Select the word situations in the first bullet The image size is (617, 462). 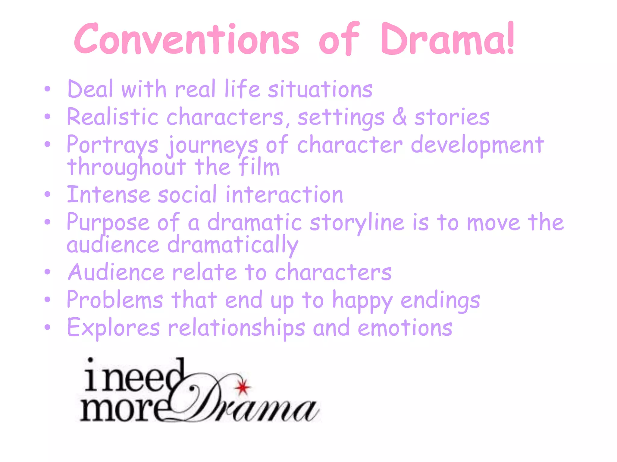coord(320,89)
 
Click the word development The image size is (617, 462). coord(478,145)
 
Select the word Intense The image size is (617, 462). coord(108,195)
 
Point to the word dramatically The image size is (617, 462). coord(233,245)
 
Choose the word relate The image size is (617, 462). coord(205,272)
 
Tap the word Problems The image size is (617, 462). coord(115,300)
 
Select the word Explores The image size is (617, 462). coord(114,328)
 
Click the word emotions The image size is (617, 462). coord(405,328)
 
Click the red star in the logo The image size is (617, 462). coord(243,387)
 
